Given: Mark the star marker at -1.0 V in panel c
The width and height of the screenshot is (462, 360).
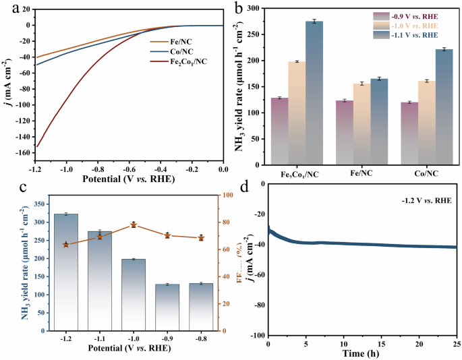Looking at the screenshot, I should [133, 224].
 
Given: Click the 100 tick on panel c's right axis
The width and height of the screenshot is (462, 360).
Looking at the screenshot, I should [229, 195].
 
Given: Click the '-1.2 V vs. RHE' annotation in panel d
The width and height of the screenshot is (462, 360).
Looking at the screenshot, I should [424, 200].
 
